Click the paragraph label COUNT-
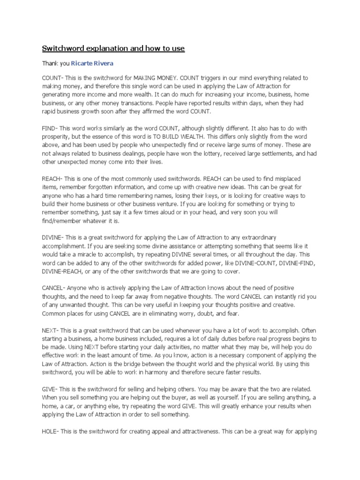(x=52, y=77)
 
